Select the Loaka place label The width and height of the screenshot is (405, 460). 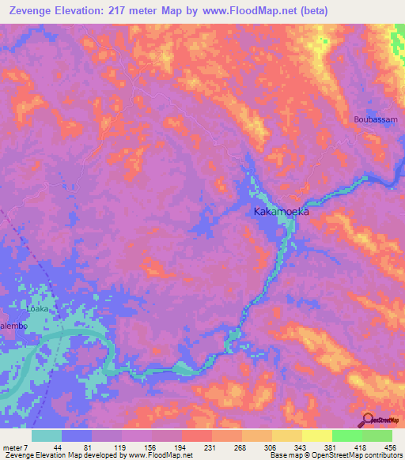[39, 309]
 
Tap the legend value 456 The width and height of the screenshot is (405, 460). [392, 447]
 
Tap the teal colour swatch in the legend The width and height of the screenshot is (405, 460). [47, 435]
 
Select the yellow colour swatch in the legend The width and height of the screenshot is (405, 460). [316, 435]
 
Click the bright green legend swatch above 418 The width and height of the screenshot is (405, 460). [346, 435]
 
